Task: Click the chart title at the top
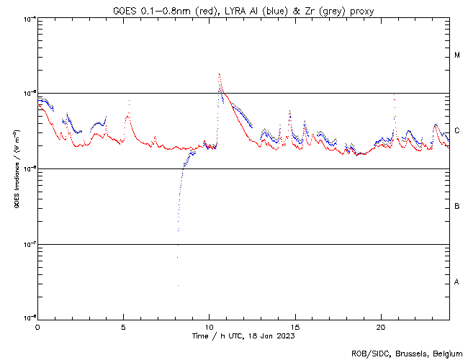click(243, 10)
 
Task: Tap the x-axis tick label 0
click(37, 326)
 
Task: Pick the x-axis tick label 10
click(209, 326)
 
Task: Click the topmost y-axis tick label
click(26, 18)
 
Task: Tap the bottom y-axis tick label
click(26, 318)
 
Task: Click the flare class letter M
click(457, 55)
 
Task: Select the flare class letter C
click(457, 131)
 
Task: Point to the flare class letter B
click(457, 207)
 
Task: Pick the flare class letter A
click(457, 282)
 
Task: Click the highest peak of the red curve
click(219, 73)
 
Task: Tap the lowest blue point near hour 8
click(177, 285)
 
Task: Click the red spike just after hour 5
click(129, 102)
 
